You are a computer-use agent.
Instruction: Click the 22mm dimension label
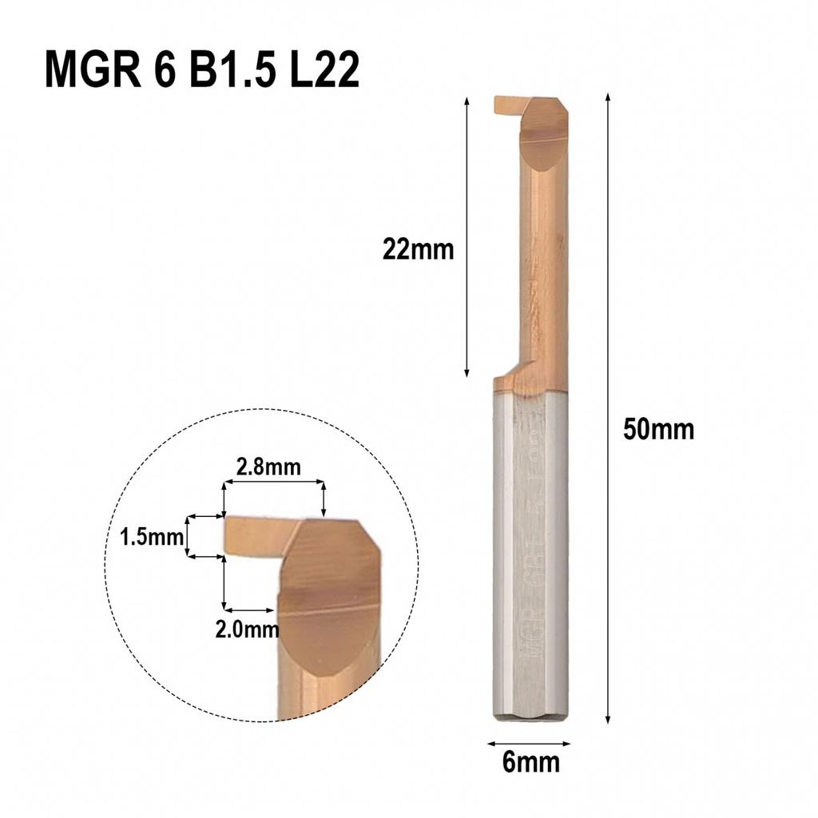point(418,250)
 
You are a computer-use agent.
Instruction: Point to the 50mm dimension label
point(659,430)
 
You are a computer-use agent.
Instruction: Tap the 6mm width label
point(531,762)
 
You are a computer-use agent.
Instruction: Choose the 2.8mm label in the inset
point(269,467)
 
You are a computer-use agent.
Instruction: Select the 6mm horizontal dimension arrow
point(530,742)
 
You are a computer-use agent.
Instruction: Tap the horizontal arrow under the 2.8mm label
point(273,482)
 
